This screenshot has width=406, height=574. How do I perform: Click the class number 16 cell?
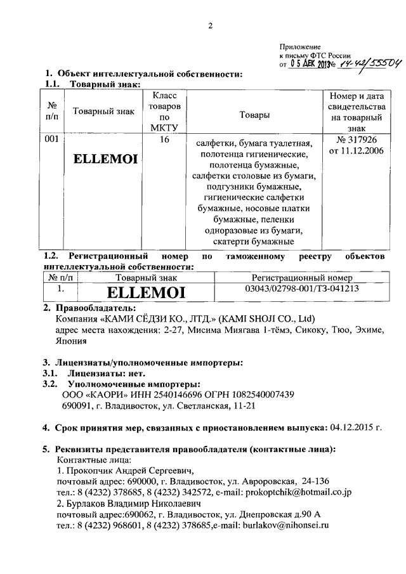[164, 140]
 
